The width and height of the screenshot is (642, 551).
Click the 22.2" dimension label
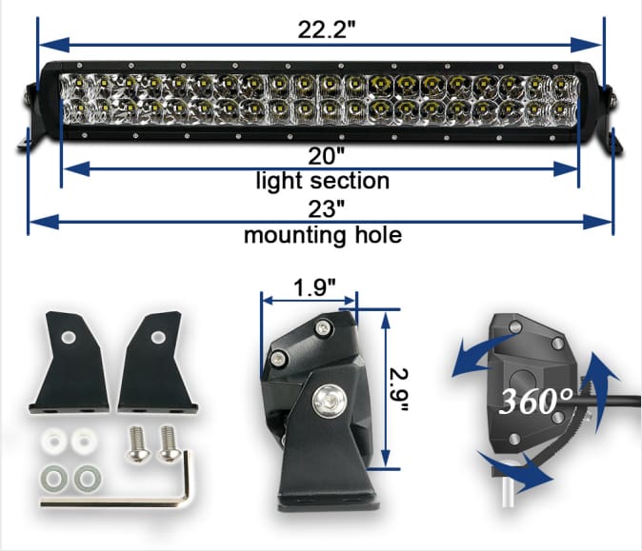coord(321,30)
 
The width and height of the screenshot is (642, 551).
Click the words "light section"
coord(322,179)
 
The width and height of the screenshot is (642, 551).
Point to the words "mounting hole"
coord(322,234)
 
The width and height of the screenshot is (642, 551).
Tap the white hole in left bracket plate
coord(70,338)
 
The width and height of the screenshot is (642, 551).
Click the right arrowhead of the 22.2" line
coord(592,44)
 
